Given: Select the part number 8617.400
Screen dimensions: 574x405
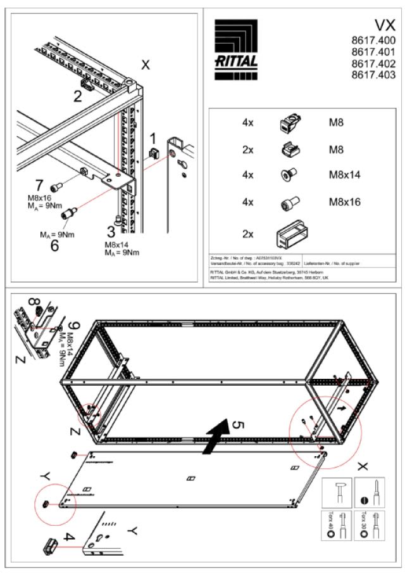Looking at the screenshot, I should [373, 41].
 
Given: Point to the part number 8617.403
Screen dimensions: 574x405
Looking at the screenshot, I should [373, 75].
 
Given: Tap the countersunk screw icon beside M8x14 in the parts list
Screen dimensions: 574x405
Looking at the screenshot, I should [286, 175].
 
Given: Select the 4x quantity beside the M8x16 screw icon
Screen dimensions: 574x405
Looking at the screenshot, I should [248, 202].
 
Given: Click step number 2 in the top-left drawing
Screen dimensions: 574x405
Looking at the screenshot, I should [77, 97].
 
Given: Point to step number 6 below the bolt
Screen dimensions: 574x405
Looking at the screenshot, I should [54, 245].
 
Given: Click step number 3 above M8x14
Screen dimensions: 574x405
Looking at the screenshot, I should [111, 231].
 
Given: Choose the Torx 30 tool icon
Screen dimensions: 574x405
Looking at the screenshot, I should [369, 524].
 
